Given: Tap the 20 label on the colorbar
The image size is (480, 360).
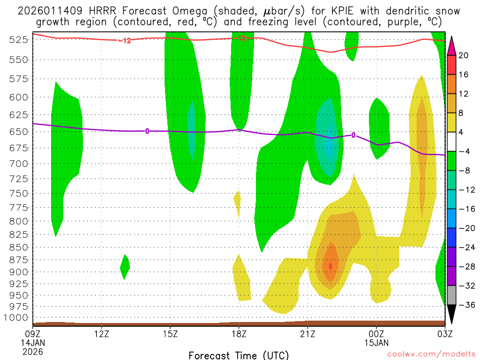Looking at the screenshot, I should (x=464, y=55).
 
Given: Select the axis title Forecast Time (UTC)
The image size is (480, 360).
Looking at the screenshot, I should (x=239, y=355).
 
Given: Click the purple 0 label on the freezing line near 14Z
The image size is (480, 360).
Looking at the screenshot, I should (x=147, y=131).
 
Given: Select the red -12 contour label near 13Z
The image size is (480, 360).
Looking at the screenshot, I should (x=124, y=41).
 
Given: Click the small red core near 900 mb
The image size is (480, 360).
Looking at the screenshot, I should (x=330, y=266).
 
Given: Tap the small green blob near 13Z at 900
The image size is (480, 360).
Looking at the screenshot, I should (x=125, y=267).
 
